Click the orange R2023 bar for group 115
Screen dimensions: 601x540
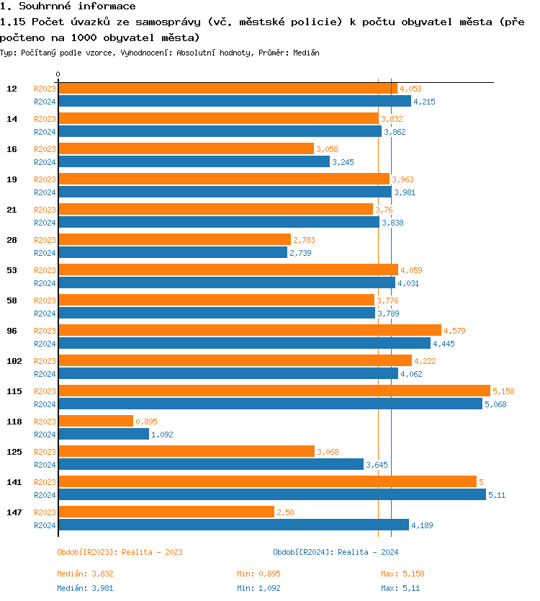click(x=274, y=391)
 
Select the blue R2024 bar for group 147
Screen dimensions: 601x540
click(x=233, y=525)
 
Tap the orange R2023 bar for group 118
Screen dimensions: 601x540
click(x=96, y=421)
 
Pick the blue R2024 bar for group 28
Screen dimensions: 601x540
click(x=172, y=252)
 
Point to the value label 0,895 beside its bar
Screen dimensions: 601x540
click(x=146, y=422)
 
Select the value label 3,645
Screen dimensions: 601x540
click(x=377, y=465)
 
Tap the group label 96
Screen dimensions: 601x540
click(x=12, y=331)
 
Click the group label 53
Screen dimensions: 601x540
click(x=12, y=270)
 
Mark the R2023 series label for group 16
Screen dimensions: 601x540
click(x=45, y=149)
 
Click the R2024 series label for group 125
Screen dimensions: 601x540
click(x=45, y=465)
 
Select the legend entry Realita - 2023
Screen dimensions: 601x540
click(x=120, y=552)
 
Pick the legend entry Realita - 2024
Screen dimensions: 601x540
click(x=336, y=552)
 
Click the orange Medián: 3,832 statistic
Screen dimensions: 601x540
click(x=85, y=574)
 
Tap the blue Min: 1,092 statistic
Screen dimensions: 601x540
click(x=258, y=588)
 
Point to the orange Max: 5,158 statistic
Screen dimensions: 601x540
click(x=402, y=574)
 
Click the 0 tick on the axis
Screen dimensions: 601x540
click(x=58, y=75)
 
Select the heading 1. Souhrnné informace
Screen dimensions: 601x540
click(x=68, y=6)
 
